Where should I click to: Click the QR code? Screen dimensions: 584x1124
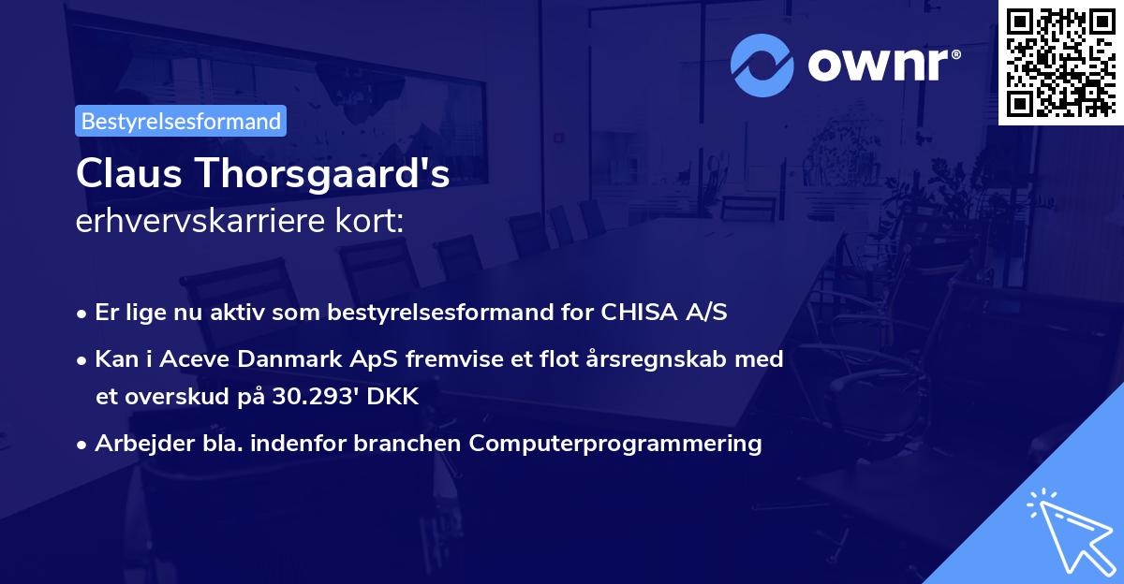click(x=1059, y=62)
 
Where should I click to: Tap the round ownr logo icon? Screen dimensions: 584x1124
click(x=762, y=66)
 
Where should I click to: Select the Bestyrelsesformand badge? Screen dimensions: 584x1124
click(x=181, y=121)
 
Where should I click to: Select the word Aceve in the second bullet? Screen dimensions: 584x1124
click(x=200, y=358)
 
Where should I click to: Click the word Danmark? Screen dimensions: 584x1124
click(x=285, y=358)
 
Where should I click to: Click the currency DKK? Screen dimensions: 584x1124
click(x=393, y=397)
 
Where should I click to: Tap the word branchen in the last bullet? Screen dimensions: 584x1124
click(x=410, y=443)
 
